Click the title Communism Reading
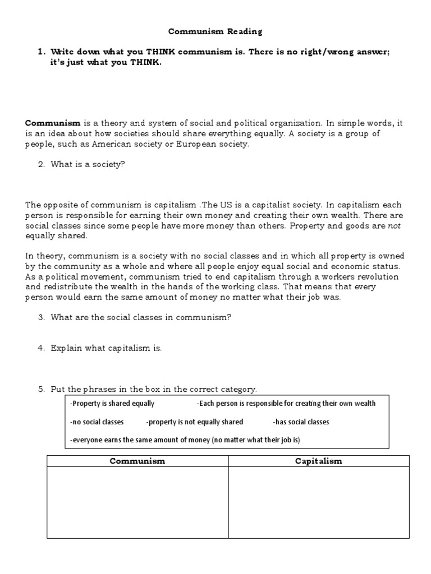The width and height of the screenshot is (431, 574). pos(216,32)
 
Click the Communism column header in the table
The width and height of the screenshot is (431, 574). pos(137,461)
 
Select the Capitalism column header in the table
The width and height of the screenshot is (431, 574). pos(319,461)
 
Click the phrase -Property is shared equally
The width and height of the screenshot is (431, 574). pos(112,404)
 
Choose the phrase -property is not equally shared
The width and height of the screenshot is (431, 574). pos(194,422)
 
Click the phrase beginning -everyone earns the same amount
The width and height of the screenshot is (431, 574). pos(185,440)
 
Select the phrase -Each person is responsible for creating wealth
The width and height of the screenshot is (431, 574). pos(286,404)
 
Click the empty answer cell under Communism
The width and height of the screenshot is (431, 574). pos(137,502)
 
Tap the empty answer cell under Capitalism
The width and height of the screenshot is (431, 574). pos(319,502)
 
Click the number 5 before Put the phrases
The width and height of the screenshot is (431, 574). pos(41,389)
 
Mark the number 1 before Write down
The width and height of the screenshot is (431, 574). pos(41,52)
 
